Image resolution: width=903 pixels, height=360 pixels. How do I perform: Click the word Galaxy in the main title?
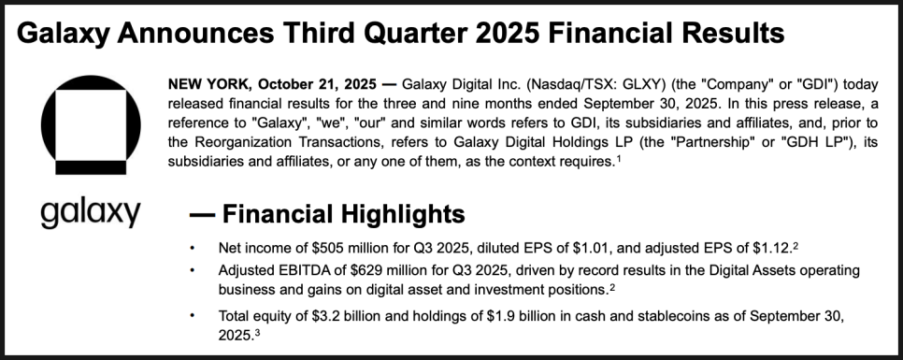tap(64, 34)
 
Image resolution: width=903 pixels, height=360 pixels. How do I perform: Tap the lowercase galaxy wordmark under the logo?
tap(91, 214)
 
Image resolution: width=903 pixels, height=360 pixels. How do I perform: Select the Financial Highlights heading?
tap(343, 214)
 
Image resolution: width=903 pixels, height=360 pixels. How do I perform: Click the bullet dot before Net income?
tap(193, 248)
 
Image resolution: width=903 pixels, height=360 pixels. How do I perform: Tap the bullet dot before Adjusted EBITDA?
tap(193, 270)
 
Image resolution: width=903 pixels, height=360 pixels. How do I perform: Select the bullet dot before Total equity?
tap(193, 316)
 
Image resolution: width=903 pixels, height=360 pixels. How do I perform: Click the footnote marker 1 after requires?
tap(619, 159)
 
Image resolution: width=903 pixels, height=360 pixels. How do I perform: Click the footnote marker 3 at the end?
tap(257, 332)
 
